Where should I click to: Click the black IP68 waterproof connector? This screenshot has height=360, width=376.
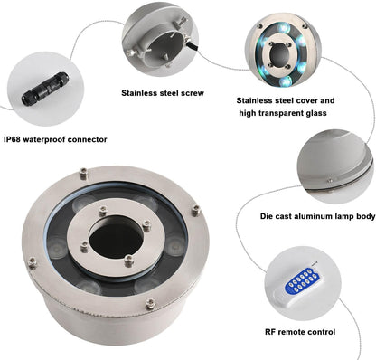coord(45,89)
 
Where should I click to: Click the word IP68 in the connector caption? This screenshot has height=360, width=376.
coord(12,139)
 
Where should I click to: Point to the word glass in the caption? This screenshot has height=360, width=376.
coord(315,113)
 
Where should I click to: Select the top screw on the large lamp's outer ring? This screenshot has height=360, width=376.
coord(83,174)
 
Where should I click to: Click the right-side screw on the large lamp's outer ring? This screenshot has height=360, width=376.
coord(196,210)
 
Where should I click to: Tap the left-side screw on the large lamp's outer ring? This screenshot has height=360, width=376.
coord(33,262)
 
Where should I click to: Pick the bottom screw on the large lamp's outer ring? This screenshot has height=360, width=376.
coord(150,304)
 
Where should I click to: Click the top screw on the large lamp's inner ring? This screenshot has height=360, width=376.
coord(103,210)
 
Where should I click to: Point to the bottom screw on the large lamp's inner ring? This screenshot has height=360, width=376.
coord(128,261)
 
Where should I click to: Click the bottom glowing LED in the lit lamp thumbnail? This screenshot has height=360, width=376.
coord(285,81)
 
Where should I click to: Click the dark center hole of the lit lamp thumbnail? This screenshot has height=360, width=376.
coord(280,54)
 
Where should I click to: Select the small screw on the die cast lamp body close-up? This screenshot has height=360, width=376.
coord(330,181)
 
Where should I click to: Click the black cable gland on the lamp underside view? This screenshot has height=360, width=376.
coord(192,46)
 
